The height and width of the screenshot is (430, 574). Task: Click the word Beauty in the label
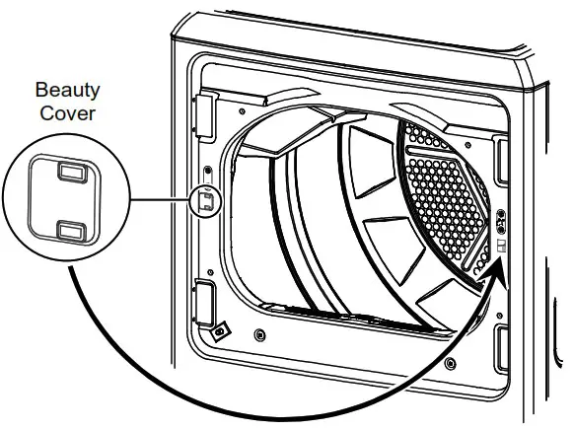coord(68,91)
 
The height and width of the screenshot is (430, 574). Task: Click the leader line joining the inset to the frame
coord(158,201)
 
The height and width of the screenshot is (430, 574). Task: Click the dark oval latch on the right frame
coord(500,218)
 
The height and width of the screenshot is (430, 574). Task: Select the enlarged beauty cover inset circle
coord(67,200)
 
